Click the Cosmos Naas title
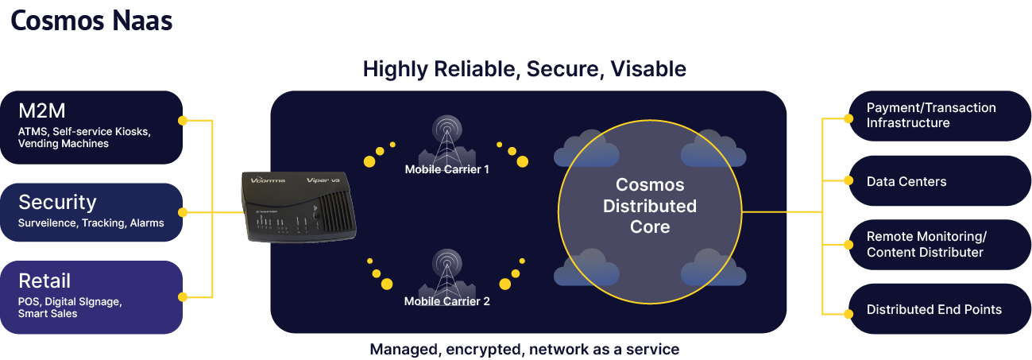(92, 21)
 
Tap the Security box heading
(57, 202)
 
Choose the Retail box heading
(44, 281)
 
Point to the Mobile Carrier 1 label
(447, 169)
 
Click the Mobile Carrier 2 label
(447, 301)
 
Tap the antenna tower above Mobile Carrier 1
(446, 138)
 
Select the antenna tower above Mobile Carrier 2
(446, 272)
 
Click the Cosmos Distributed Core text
(650, 206)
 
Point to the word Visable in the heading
(648, 69)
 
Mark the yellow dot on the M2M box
(183, 121)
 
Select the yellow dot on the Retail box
(183, 296)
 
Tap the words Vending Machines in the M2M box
(64, 144)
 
